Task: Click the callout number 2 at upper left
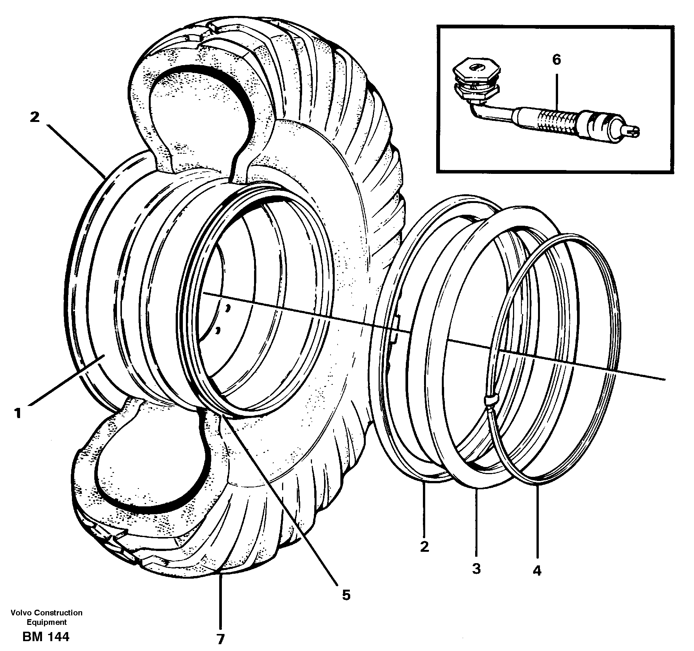pos(34,117)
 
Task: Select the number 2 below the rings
pos(424,546)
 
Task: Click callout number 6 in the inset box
pos(556,60)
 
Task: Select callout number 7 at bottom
pos(220,639)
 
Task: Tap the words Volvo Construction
pos(47,613)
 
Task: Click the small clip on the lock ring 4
pos(491,400)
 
